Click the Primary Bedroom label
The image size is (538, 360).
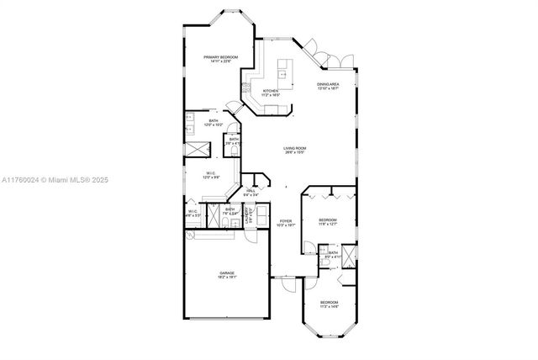(221, 58)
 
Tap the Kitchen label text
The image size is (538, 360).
(271, 93)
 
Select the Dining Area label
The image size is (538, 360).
(328, 86)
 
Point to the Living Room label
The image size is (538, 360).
(294, 151)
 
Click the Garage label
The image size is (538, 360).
(227, 274)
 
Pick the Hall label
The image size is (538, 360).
(251, 193)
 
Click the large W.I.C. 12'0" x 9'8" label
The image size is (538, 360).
(210, 176)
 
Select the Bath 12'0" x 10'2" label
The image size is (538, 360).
(214, 124)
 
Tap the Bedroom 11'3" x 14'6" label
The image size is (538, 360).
(329, 304)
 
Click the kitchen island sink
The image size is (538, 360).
(285, 73)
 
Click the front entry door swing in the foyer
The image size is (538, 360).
(287, 283)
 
